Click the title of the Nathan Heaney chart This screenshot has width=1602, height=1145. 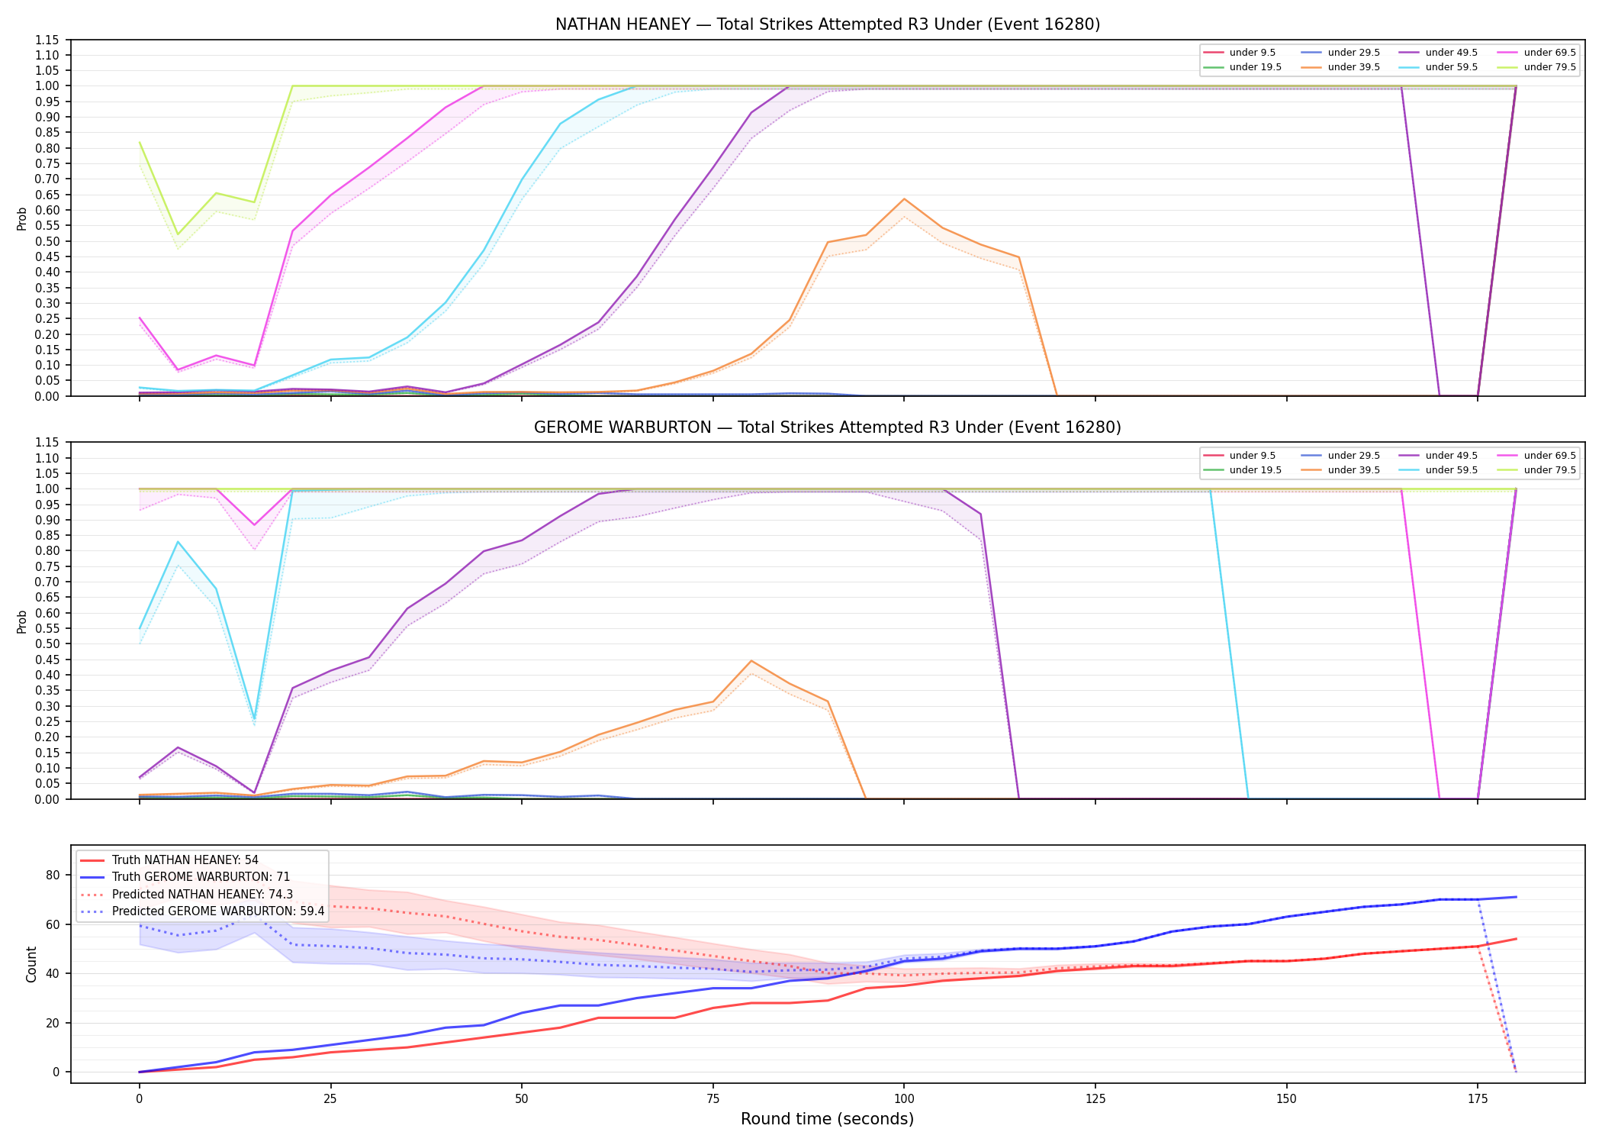pos(828,24)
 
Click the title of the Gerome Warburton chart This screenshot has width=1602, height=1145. pos(828,427)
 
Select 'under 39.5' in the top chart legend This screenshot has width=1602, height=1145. pos(1353,67)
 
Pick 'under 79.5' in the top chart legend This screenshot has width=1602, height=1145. pos(1549,67)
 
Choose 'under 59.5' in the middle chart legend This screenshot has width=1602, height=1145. pos(1451,470)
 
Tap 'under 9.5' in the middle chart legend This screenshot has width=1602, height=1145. pos(1253,456)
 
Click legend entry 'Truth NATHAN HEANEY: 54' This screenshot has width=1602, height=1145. pos(185,860)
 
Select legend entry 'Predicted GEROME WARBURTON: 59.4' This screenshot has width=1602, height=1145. pos(218,911)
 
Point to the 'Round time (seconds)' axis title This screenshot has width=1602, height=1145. pos(827,1119)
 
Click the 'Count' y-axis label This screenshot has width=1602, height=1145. pos(31,964)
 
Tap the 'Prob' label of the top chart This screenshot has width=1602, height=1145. pos(22,218)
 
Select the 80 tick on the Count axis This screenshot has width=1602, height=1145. pos(53,876)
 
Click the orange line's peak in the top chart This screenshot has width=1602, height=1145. pos(904,199)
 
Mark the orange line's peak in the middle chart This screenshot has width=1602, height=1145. pos(751,661)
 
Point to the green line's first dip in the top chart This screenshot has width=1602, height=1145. pos(178,234)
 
